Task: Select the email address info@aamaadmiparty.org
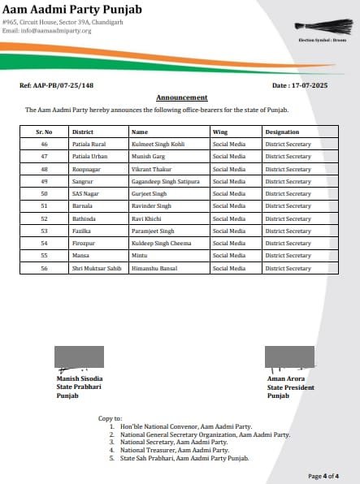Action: [x=46, y=31]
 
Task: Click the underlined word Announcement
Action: [x=181, y=97]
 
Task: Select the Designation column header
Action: [x=282, y=132]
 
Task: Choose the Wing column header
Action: [x=219, y=132]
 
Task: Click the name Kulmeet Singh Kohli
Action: [x=158, y=143]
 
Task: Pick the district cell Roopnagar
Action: [x=87, y=170]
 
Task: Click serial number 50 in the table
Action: [x=45, y=194]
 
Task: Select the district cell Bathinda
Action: [x=84, y=218]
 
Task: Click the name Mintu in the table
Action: [x=139, y=256]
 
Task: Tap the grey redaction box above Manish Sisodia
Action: [x=79, y=358]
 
